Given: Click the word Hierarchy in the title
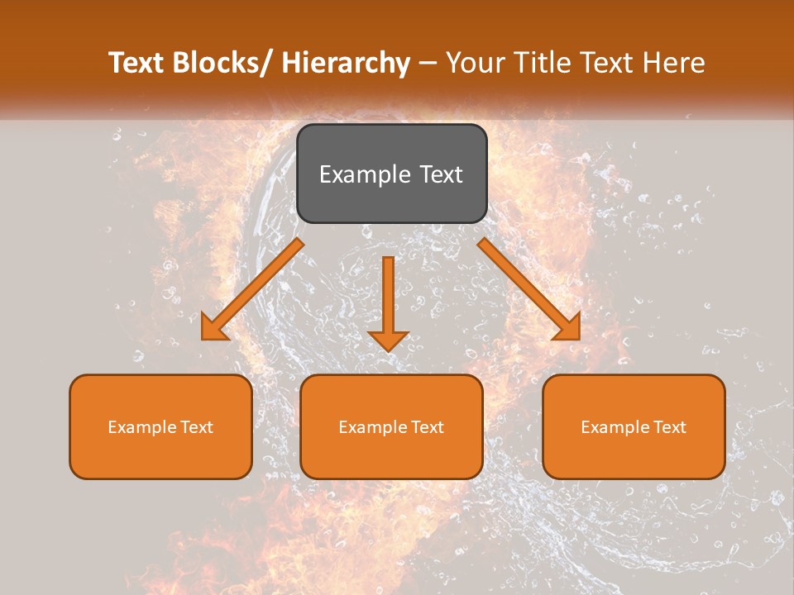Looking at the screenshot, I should tap(346, 63).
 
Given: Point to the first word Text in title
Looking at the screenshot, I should tap(136, 63).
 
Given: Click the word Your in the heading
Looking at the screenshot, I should tap(475, 63).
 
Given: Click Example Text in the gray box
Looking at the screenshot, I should tap(391, 174).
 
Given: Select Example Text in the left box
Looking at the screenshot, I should tap(160, 427).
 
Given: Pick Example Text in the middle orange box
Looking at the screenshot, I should tap(391, 427).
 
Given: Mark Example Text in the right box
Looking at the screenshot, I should tap(634, 427).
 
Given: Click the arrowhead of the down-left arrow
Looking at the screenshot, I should tap(214, 327).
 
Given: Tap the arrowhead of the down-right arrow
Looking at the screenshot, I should tap(568, 327).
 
